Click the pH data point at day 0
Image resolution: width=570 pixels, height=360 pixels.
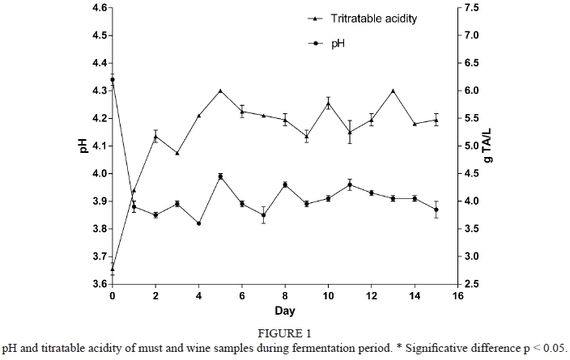click(x=112, y=80)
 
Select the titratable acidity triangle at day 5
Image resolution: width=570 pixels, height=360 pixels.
click(x=220, y=91)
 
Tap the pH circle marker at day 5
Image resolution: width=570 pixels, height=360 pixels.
click(x=220, y=176)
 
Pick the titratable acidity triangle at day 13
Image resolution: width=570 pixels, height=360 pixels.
click(x=393, y=91)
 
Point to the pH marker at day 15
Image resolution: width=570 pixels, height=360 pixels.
click(x=436, y=210)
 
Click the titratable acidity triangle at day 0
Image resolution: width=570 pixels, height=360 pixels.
click(x=112, y=269)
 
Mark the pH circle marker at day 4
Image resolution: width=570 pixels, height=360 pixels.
click(x=198, y=223)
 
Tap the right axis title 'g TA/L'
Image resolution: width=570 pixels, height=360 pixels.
click(x=488, y=146)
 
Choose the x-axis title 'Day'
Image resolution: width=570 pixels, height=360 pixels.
click(x=285, y=311)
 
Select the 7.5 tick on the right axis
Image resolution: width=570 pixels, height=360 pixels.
click(x=474, y=8)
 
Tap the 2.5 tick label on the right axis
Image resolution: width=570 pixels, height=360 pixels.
click(x=474, y=284)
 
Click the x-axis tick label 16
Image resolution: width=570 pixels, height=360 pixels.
click(x=457, y=296)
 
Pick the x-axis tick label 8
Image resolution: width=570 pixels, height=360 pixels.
click(x=285, y=296)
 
